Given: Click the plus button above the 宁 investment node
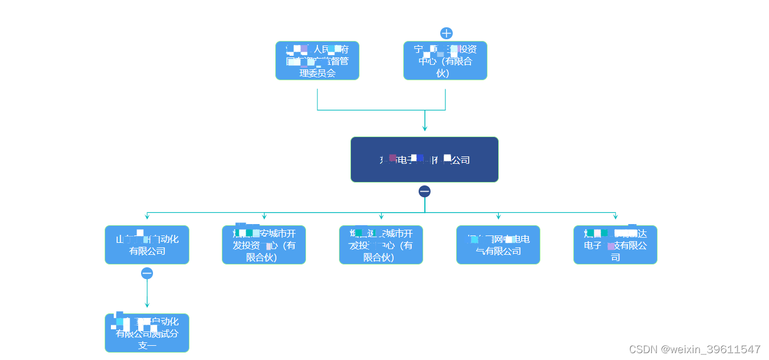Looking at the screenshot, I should [446, 33].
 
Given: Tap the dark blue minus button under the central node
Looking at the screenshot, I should [424, 191].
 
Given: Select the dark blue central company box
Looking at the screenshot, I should [424, 159].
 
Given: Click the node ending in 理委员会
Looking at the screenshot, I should [317, 60].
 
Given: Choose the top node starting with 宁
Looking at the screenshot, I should [445, 60].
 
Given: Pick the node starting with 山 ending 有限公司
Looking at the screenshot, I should [147, 245].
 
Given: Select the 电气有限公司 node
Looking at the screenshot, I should [498, 245].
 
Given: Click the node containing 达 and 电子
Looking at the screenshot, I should [615, 245].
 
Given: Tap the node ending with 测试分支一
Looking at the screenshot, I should [147, 333].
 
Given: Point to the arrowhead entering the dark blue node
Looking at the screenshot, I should [424, 129].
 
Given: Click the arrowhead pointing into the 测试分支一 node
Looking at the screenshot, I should [147, 305].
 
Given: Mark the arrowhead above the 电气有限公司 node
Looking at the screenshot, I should [498, 217].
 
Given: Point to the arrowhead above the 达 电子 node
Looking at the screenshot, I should [615, 217].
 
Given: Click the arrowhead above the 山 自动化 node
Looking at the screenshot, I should [147, 217].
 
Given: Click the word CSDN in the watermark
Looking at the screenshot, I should [643, 349].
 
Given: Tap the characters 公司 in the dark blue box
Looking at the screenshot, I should [461, 160].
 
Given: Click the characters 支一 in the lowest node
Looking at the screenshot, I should [147, 345].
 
